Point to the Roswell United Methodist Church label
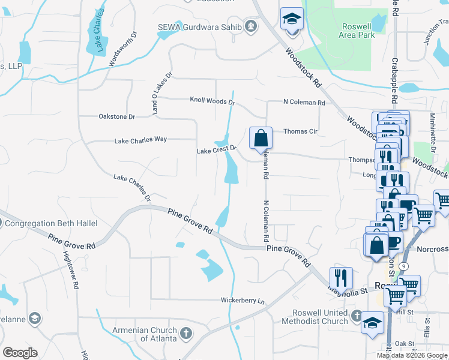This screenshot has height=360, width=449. (x=320, y=317)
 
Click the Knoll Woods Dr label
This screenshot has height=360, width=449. (x=212, y=101)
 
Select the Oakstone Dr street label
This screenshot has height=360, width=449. (x=117, y=116)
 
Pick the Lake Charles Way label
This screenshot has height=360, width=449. (x=140, y=140)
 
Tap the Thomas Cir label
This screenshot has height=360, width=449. (x=300, y=131)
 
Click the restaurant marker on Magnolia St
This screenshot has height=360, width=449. (x=340, y=277)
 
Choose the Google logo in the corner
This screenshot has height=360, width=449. (x=20, y=353)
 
